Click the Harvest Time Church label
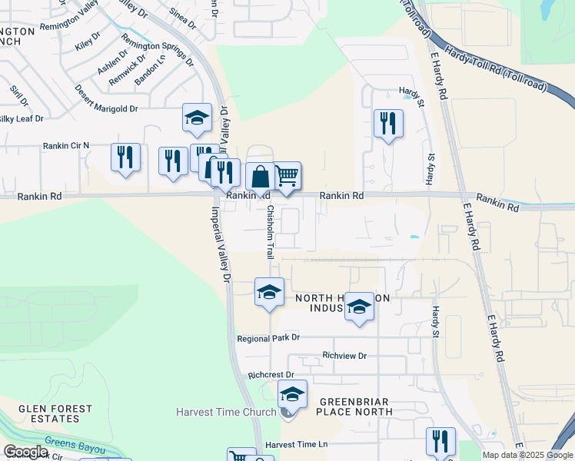(x=225, y=413)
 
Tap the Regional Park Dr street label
(x=268, y=338)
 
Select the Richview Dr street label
(x=345, y=356)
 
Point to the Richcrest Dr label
(x=271, y=376)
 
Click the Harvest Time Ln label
(x=296, y=445)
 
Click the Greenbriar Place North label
(x=355, y=406)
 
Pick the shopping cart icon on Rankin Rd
(x=287, y=176)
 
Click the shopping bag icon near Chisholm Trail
(x=261, y=177)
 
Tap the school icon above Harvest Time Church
(x=291, y=394)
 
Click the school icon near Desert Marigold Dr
(x=197, y=118)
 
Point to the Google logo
(x=25, y=452)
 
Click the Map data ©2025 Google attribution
(x=527, y=455)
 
